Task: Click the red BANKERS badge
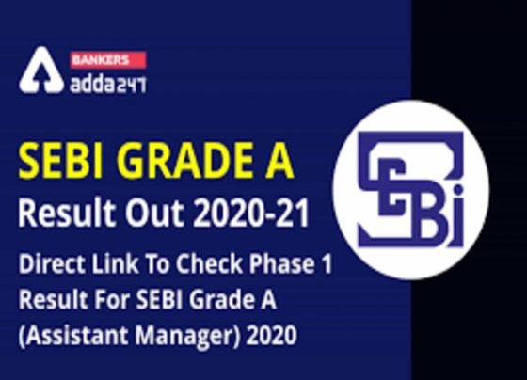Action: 108,60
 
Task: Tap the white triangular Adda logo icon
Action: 41,71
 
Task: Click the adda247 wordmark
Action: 108,84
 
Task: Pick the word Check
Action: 209,263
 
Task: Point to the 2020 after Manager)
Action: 272,335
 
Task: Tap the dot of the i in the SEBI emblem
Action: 457,191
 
